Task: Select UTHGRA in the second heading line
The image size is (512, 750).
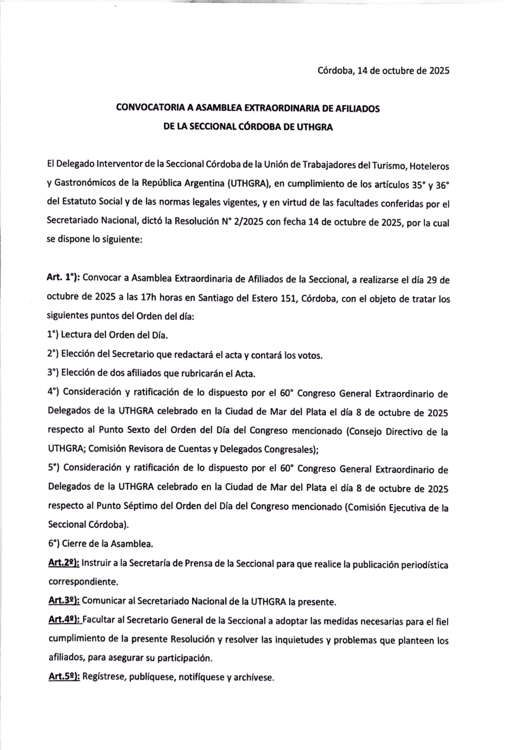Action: coord(315,127)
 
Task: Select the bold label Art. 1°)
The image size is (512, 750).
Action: coord(63,278)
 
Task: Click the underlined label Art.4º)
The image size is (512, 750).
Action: coord(64,621)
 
